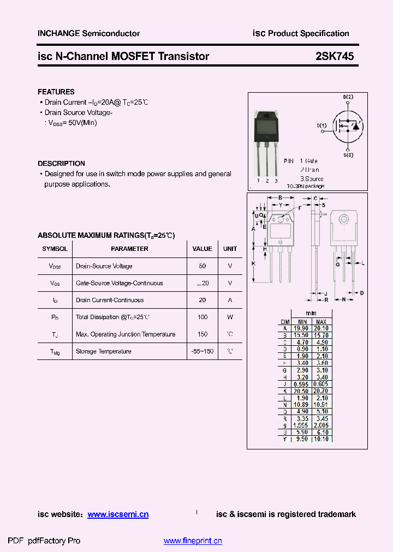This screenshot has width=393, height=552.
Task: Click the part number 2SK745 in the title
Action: pyautogui.click(x=335, y=56)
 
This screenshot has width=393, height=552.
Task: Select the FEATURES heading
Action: pyautogui.click(x=56, y=92)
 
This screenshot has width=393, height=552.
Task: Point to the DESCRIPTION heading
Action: pyautogui.click(x=61, y=163)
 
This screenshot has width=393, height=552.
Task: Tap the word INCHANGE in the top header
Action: pyautogui.click(x=58, y=33)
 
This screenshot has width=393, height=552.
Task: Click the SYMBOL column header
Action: pyautogui.click(x=55, y=249)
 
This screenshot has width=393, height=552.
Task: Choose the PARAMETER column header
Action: pyautogui.click(x=129, y=249)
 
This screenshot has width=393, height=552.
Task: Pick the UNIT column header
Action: pyautogui.click(x=230, y=249)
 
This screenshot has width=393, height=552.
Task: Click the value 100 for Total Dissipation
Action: pyautogui.click(x=203, y=317)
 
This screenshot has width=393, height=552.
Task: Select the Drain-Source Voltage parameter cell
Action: pyautogui.click(x=104, y=266)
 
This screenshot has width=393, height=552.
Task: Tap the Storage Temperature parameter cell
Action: pyautogui.click(x=103, y=351)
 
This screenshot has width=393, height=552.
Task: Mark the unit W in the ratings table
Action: pyautogui.click(x=230, y=317)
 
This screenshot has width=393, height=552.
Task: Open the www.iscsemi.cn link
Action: pyautogui.click(x=118, y=514)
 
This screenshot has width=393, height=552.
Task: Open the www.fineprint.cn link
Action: pyautogui.click(x=193, y=541)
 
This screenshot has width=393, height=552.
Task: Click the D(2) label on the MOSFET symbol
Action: pyautogui.click(x=348, y=97)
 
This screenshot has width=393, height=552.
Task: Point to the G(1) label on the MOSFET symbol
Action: pyautogui.click(x=321, y=125)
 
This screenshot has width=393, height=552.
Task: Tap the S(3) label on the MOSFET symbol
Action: pyautogui.click(x=348, y=155)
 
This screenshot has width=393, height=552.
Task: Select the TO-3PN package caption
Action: pyautogui.click(x=305, y=186)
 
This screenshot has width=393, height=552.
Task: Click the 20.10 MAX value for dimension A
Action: pyautogui.click(x=321, y=328)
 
